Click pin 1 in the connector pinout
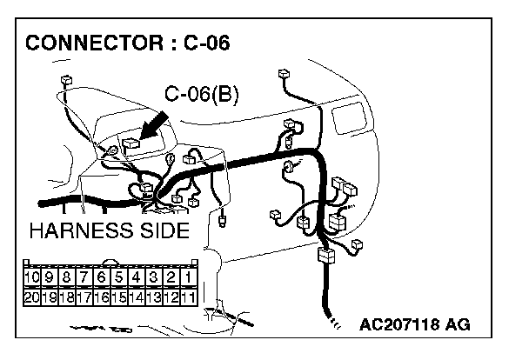coord(188,277)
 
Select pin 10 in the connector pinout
coord(31,277)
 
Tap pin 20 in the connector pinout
coord(31,297)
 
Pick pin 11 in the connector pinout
coord(188,297)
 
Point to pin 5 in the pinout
coord(118,277)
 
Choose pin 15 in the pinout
coord(118,297)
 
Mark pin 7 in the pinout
coord(84,277)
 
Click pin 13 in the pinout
coord(153,297)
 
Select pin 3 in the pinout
coord(153,277)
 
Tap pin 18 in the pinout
coord(66,297)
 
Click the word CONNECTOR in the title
coord(94,43)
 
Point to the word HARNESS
coord(81,230)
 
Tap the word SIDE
coord(164,230)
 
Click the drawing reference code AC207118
coord(399,324)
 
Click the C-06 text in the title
coord(206,43)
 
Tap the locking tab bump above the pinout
coord(110,262)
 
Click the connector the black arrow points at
coord(131,144)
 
